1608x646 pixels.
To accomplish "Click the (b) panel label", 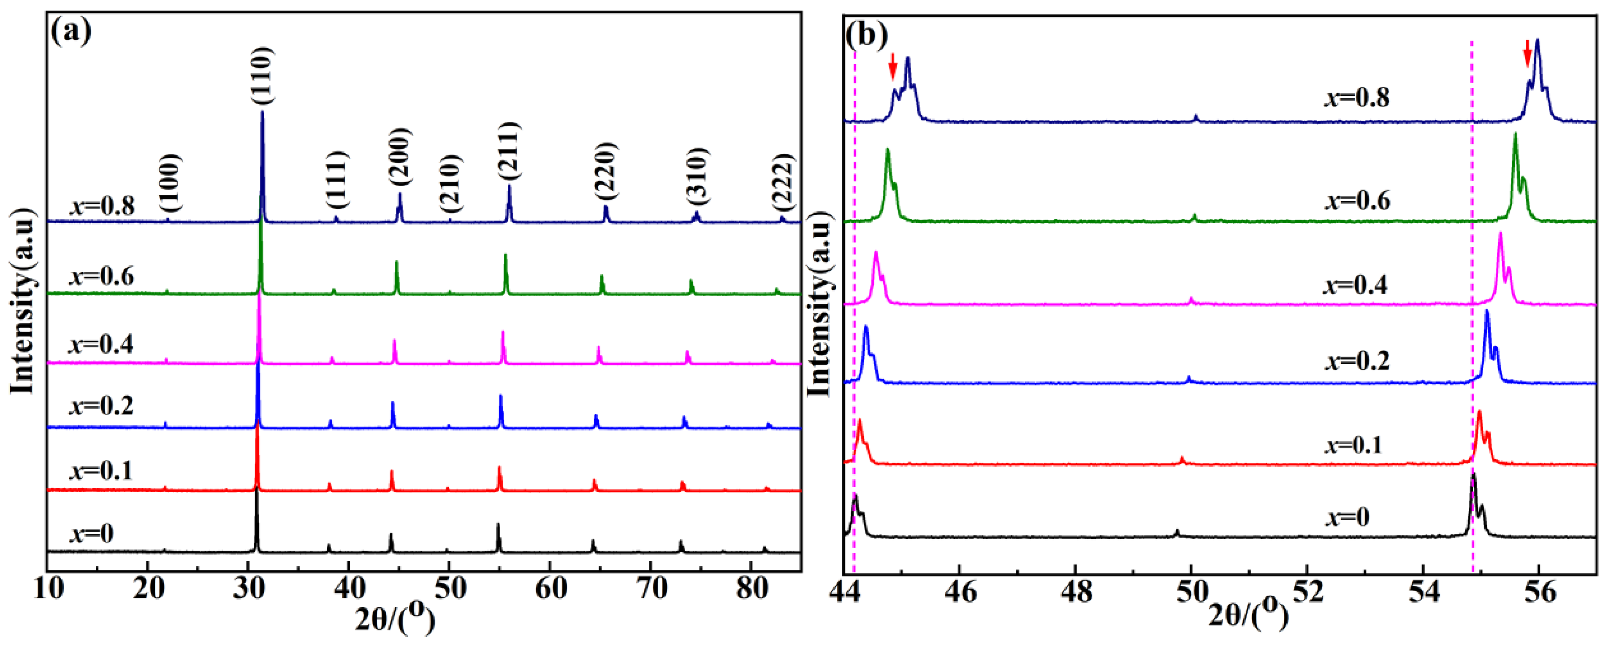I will pyautogui.click(x=866, y=35).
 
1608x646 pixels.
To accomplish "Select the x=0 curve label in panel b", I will pyautogui.click(x=1346, y=517).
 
